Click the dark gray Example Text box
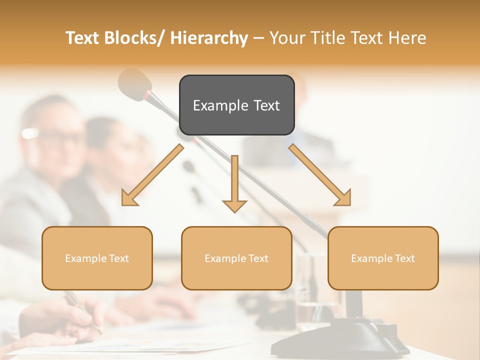click(236, 105)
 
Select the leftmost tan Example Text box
click(97, 258)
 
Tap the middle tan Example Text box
click(236, 258)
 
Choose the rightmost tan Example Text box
click(383, 258)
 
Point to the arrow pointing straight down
click(234, 185)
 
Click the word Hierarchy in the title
click(209, 38)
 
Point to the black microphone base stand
click(365, 335)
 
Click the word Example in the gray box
click(216, 105)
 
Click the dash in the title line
click(258, 38)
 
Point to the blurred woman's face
click(107, 145)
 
